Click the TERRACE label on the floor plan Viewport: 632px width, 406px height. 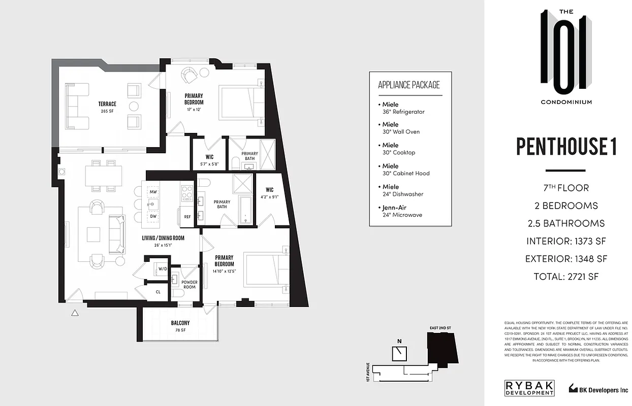(x=107, y=104)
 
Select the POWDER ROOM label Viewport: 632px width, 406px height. (x=189, y=284)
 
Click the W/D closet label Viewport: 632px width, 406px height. (x=163, y=269)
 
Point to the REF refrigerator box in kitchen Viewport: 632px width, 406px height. (x=187, y=217)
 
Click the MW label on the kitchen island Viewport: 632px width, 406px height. (x=153, y=191)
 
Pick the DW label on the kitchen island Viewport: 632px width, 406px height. (x=153, y=216)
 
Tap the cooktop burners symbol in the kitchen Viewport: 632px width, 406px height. (x=187, y=193)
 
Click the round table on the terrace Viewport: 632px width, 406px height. (x=134, y=106)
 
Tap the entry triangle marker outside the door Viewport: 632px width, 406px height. (x=75, y=313)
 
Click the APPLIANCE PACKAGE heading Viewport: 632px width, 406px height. (x=409, y=85)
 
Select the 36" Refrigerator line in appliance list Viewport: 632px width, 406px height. (x=403, y=112)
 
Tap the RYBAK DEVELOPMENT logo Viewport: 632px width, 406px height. (x=529, y=388)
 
